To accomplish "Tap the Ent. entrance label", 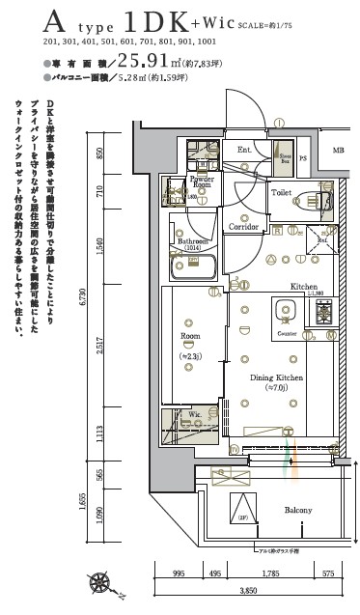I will (244, 150).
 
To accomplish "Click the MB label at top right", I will (337, 151).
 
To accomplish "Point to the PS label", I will (303, 158).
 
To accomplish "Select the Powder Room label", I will (202, 181).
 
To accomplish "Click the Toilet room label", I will (281, 193).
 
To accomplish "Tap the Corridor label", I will (243, 227).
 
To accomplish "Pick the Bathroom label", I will (193, 242).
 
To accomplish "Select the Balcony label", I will (297, 509).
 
